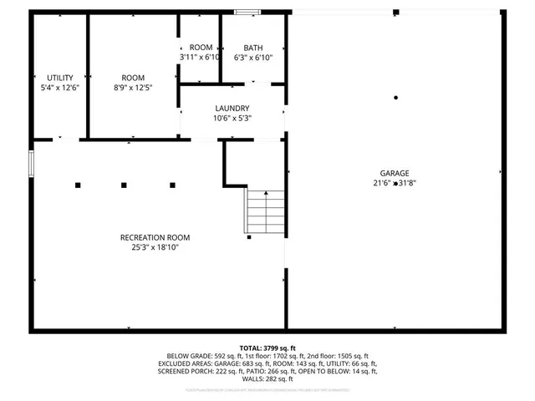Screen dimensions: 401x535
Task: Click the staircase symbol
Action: click(264, 211)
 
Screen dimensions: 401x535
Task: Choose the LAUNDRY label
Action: click(232, 109)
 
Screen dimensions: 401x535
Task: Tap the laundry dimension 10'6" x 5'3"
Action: click(232, 119)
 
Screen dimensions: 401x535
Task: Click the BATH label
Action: click(252, 48)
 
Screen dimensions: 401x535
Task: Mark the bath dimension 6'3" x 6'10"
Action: click(252, 58)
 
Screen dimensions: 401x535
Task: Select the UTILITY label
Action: click(60, 77)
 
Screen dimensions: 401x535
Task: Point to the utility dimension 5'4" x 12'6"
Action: click(60, 87)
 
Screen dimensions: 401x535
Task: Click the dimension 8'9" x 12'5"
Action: click(133, 87)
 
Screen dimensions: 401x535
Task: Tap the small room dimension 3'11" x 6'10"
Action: click(201, 58)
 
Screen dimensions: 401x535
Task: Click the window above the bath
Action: click(247, 12)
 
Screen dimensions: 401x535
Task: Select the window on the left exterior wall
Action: click(32, 163)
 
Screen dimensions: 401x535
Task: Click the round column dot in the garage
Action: click(395, 98)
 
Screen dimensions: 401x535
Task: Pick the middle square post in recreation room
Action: click(124, 185)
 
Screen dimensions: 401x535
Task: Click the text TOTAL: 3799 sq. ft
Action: click(267, 348)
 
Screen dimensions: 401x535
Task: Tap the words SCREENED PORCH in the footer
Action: click(184, 372)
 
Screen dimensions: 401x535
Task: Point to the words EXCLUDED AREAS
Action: click(188, 363)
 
